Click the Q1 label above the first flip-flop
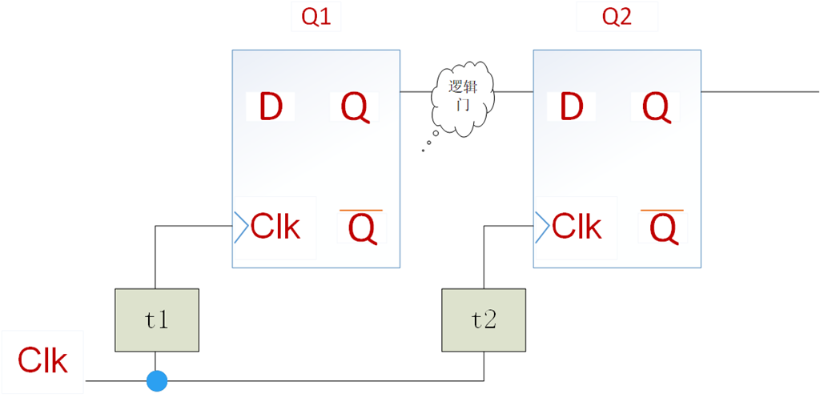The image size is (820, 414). point(316,18)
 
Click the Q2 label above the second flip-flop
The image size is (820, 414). point(617,18)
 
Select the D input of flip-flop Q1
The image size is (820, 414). point(271,107)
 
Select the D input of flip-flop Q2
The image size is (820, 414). point(572,107)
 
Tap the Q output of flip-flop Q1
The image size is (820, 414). point(355,107)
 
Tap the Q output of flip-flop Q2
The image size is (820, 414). point(656,107)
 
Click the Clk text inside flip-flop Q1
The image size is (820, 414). point(275,227)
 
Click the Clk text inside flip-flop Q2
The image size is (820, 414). point(577,227)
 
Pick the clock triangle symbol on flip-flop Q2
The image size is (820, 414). point(541,227)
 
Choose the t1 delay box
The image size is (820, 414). point(157,320)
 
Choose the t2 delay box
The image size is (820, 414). point(484,320)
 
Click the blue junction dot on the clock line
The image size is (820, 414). point(157,381)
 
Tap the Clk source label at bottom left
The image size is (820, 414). point(43,362)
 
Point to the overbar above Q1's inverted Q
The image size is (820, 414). point(362,211)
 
